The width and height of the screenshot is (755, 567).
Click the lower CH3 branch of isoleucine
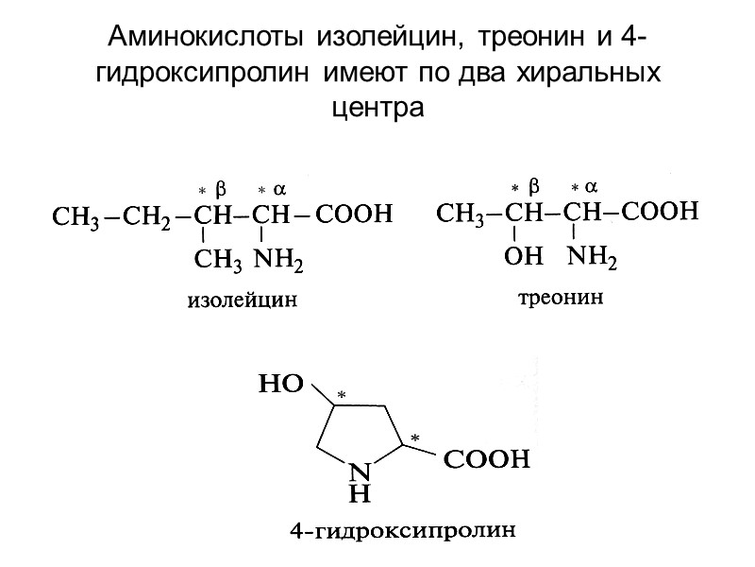click(218, 257)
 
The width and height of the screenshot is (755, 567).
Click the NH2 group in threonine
click(592, 255)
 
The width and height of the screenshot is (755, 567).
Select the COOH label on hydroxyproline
click(487, 463)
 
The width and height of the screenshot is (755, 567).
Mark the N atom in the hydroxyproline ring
click(357, 472)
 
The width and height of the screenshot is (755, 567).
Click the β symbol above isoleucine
click(222, 185)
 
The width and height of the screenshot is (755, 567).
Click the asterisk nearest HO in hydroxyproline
click(343, 392)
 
